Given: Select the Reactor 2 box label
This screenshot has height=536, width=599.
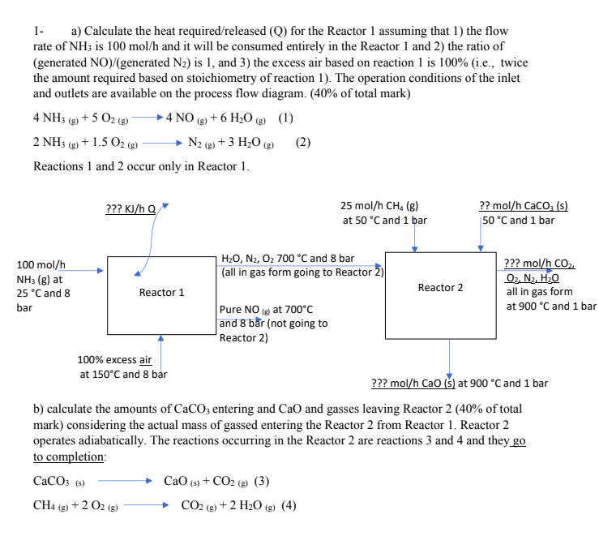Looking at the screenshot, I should click(x=440, y=288).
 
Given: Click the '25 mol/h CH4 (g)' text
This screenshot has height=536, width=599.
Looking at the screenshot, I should click(x=381, y=206).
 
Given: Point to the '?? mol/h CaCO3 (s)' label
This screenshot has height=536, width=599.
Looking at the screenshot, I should click(x=524, y=206).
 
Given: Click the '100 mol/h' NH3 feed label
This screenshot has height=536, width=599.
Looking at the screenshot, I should click(x=41, y=265).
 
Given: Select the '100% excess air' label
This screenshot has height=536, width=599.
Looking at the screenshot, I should click(x=114, y=360).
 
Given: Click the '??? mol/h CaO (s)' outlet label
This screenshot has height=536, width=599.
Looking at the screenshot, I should click(x=413, y=383).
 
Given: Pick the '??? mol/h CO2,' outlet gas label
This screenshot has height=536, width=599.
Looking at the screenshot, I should click(x=538, y=264).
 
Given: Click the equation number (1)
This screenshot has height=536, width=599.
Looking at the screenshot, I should click(x=285, y=117).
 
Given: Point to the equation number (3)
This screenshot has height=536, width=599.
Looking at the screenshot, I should click(x=262, y=480).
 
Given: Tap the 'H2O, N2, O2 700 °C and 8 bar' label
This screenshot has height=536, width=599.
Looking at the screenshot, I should click(x=287, y=258).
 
